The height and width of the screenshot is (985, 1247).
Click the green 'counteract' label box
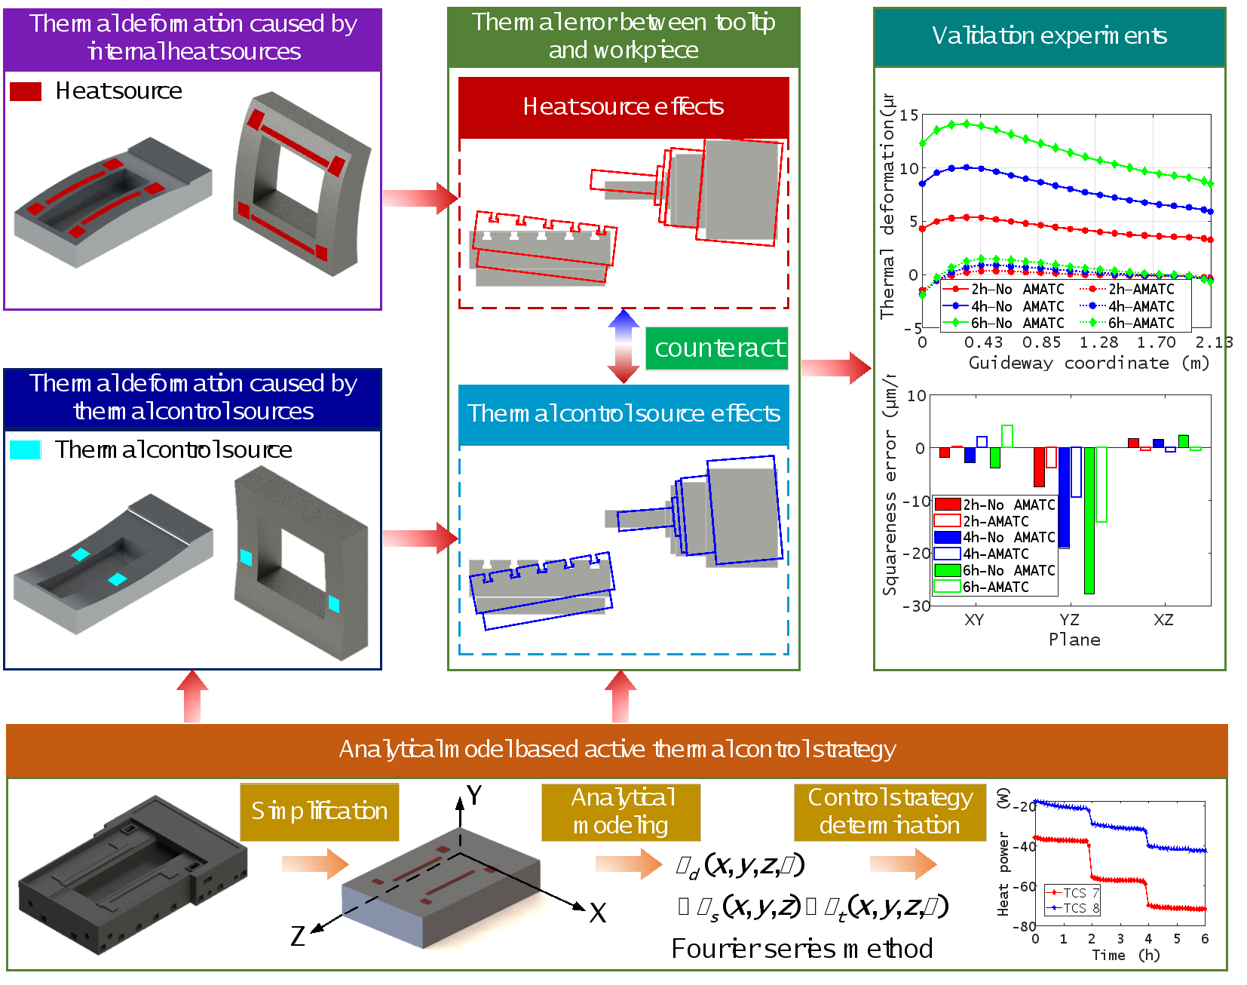(x=716, y=348)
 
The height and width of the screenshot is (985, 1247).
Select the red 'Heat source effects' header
(x=623, y=107)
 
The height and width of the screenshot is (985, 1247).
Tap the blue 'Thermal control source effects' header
(x=623, y=414)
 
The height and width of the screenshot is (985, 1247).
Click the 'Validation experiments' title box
(x=1049, y=36)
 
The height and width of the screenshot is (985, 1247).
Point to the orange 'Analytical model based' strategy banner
(x=617, y=750)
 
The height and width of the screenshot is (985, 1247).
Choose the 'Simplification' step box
(x=320, y=812)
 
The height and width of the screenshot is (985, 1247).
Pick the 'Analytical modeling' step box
(x=621, y=812)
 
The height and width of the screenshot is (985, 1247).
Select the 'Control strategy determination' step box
(x=890, y=812)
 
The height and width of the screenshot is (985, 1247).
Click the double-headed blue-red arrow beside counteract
(x=623, y=347)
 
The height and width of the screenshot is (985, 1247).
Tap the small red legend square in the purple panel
(x=26, y=92)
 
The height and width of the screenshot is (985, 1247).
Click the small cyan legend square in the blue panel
(x=26, y=450)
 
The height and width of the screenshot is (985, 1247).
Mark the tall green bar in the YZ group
(x=1089, y=520)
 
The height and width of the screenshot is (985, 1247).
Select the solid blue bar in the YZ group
(x=1064, y=498)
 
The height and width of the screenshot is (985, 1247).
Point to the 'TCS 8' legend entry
(x=1074, y=908)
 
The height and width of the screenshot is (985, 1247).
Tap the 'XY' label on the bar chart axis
(x=974, y=620)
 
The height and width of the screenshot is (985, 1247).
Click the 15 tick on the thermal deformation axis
(x=909, y=115)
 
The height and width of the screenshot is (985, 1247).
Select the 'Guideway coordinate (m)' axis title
(x=1089, y=364)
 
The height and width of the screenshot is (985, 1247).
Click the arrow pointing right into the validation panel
(x=835, y=367)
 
